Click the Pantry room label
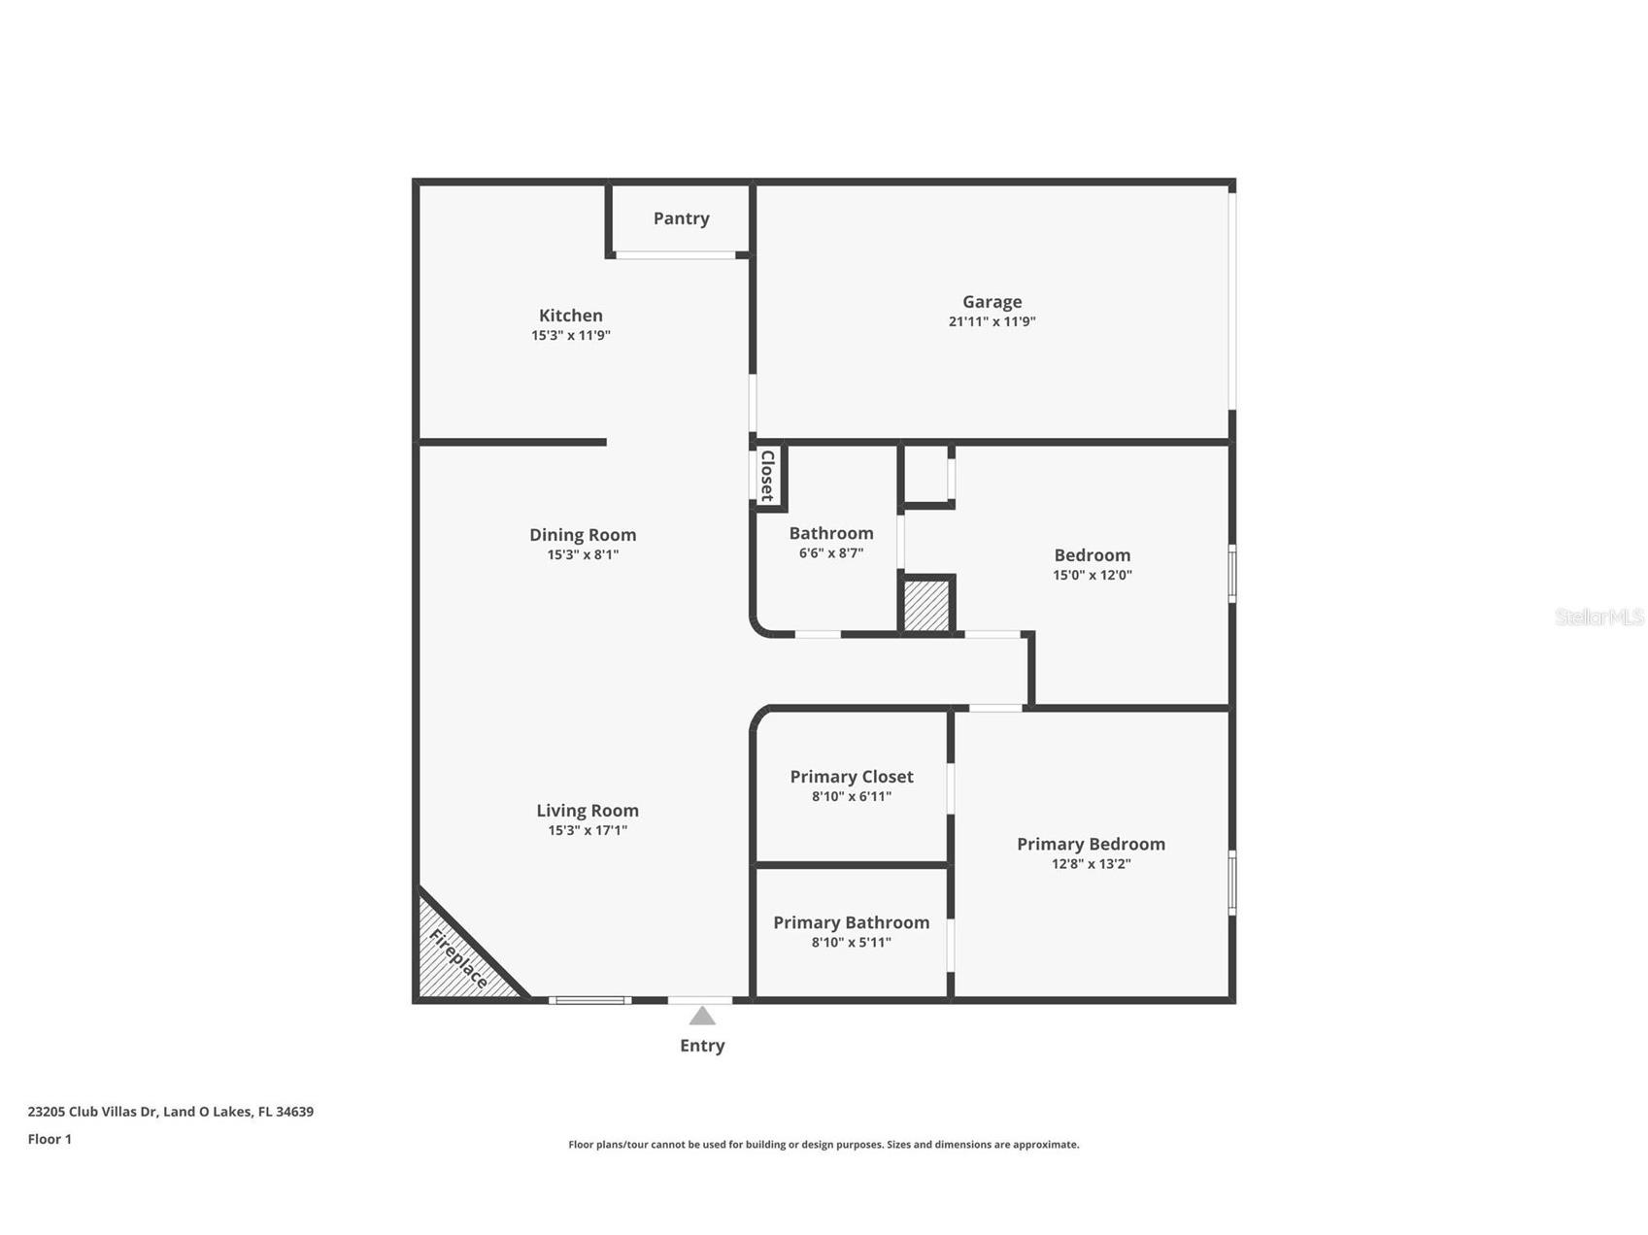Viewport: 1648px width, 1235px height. pyautogui.click(x=681, y=218)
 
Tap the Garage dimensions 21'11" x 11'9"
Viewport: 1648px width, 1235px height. pyautogui.click(x=992, y=321)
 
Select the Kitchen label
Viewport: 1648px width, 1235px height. pyautogui.click(x=571, y=316)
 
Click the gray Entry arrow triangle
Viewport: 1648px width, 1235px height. pyautogui.click(x=702, y=1017)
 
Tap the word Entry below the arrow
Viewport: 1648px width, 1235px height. pyautogui.click(x=702, y=1046)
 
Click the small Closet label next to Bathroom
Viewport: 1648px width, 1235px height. pyautogui.click(x=767, y=475)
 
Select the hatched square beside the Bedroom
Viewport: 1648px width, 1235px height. pyautogui.click(x=926, y=606)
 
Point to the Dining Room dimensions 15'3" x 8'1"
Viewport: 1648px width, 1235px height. pyautogui.click(x=583, y=555)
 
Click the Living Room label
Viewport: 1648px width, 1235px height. pyautogui.click(x=588, y=811)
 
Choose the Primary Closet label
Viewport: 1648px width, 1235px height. pyautogui.click(x=852, y=777)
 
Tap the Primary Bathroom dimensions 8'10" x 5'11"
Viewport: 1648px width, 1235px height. pyautogui.click(x=852, y=943)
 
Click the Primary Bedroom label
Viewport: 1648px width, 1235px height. pyautogui.click(x=1091, y=845)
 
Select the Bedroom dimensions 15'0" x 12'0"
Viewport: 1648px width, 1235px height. pyautogui.click(x=1093, y=575)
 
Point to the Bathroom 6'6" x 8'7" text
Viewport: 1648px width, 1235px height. pyautogui.click(x=831, y=553)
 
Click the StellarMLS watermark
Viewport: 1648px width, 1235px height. pyautogui.click(x=1598, y=617)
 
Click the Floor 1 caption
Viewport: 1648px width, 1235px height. pyautogui.click(x=50, y=1140)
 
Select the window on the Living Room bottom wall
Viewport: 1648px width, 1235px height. pyautogui.click(x=589, y=1000)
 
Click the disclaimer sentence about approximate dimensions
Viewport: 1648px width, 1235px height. pyautogui.click(x=824, y=1145)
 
